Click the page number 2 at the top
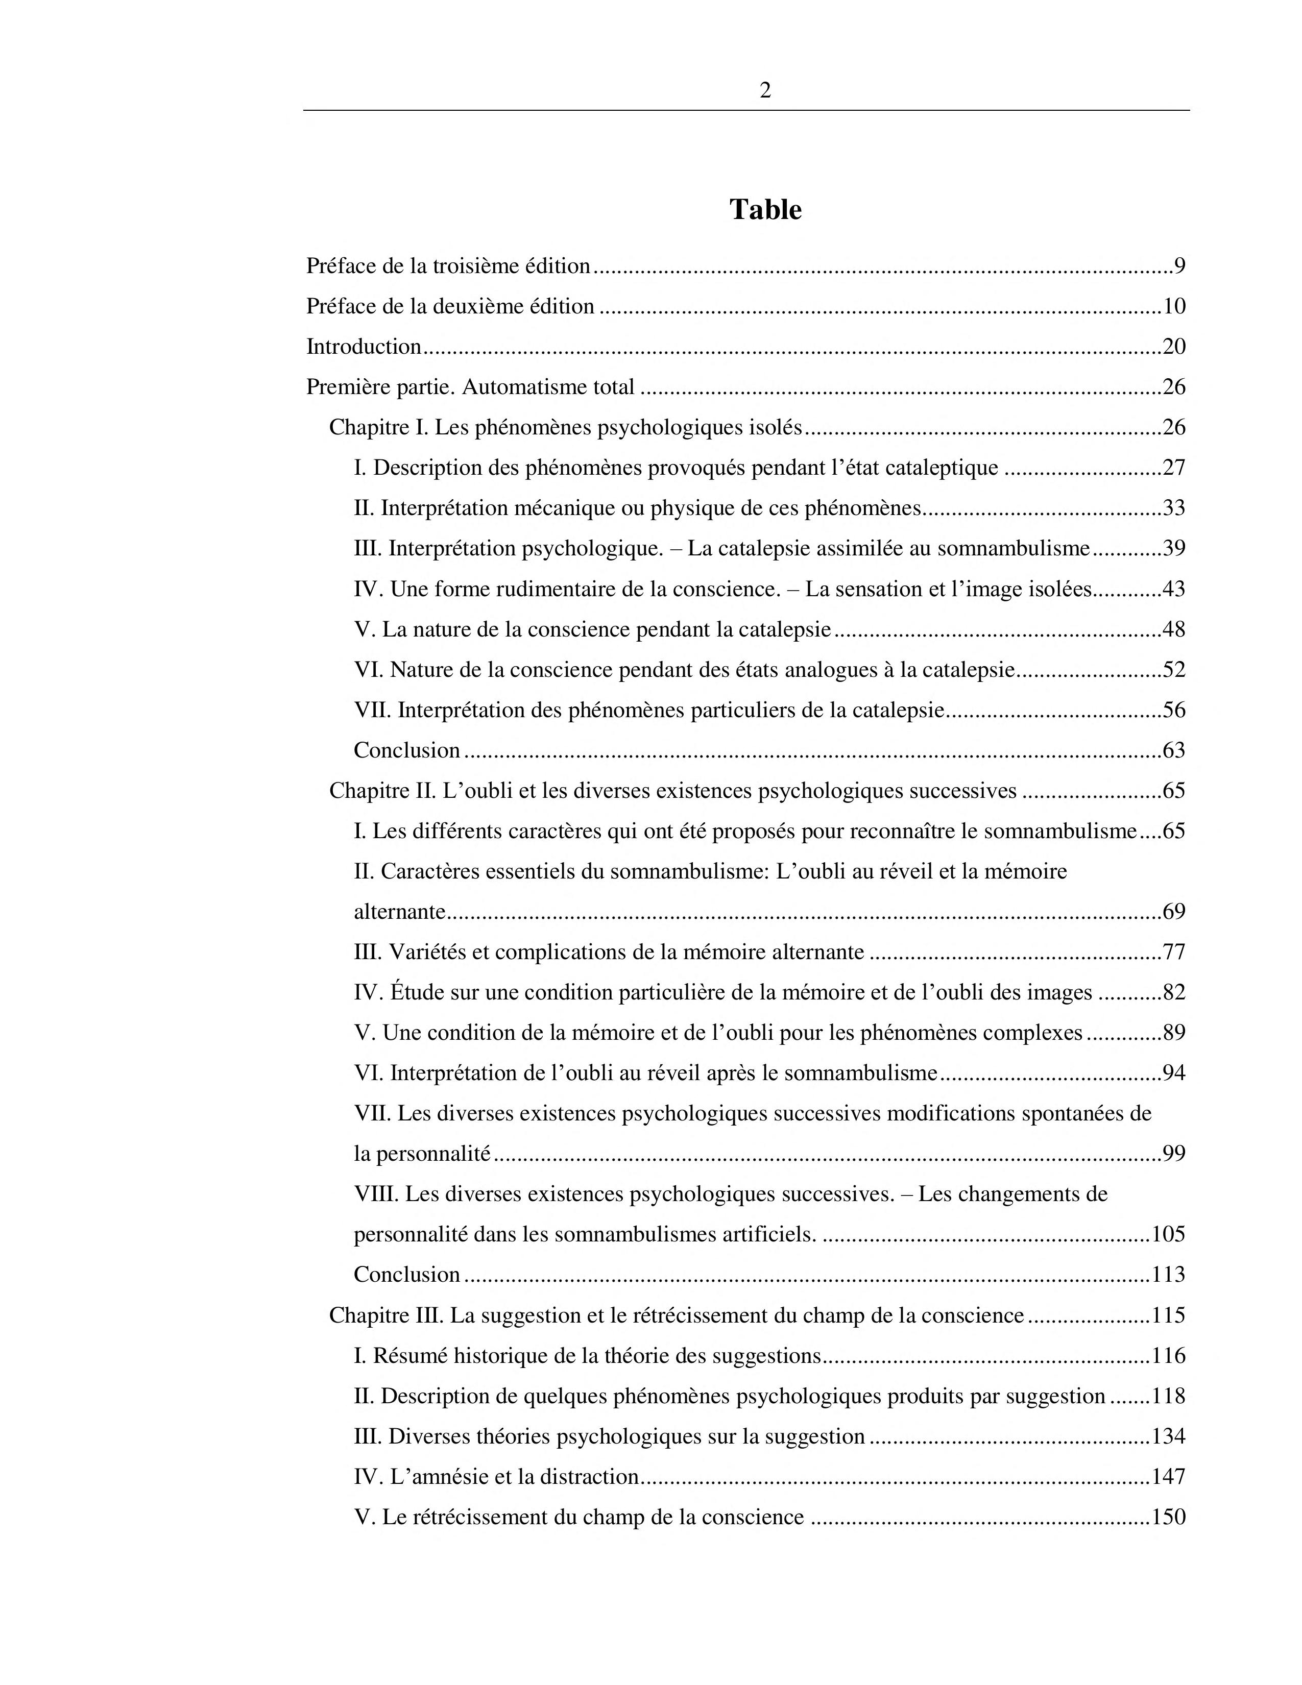765,91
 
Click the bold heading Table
765,210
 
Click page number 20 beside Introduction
1173,347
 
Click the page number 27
1173,468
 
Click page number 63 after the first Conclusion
1173,750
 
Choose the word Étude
417,992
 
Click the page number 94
1173,1073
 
